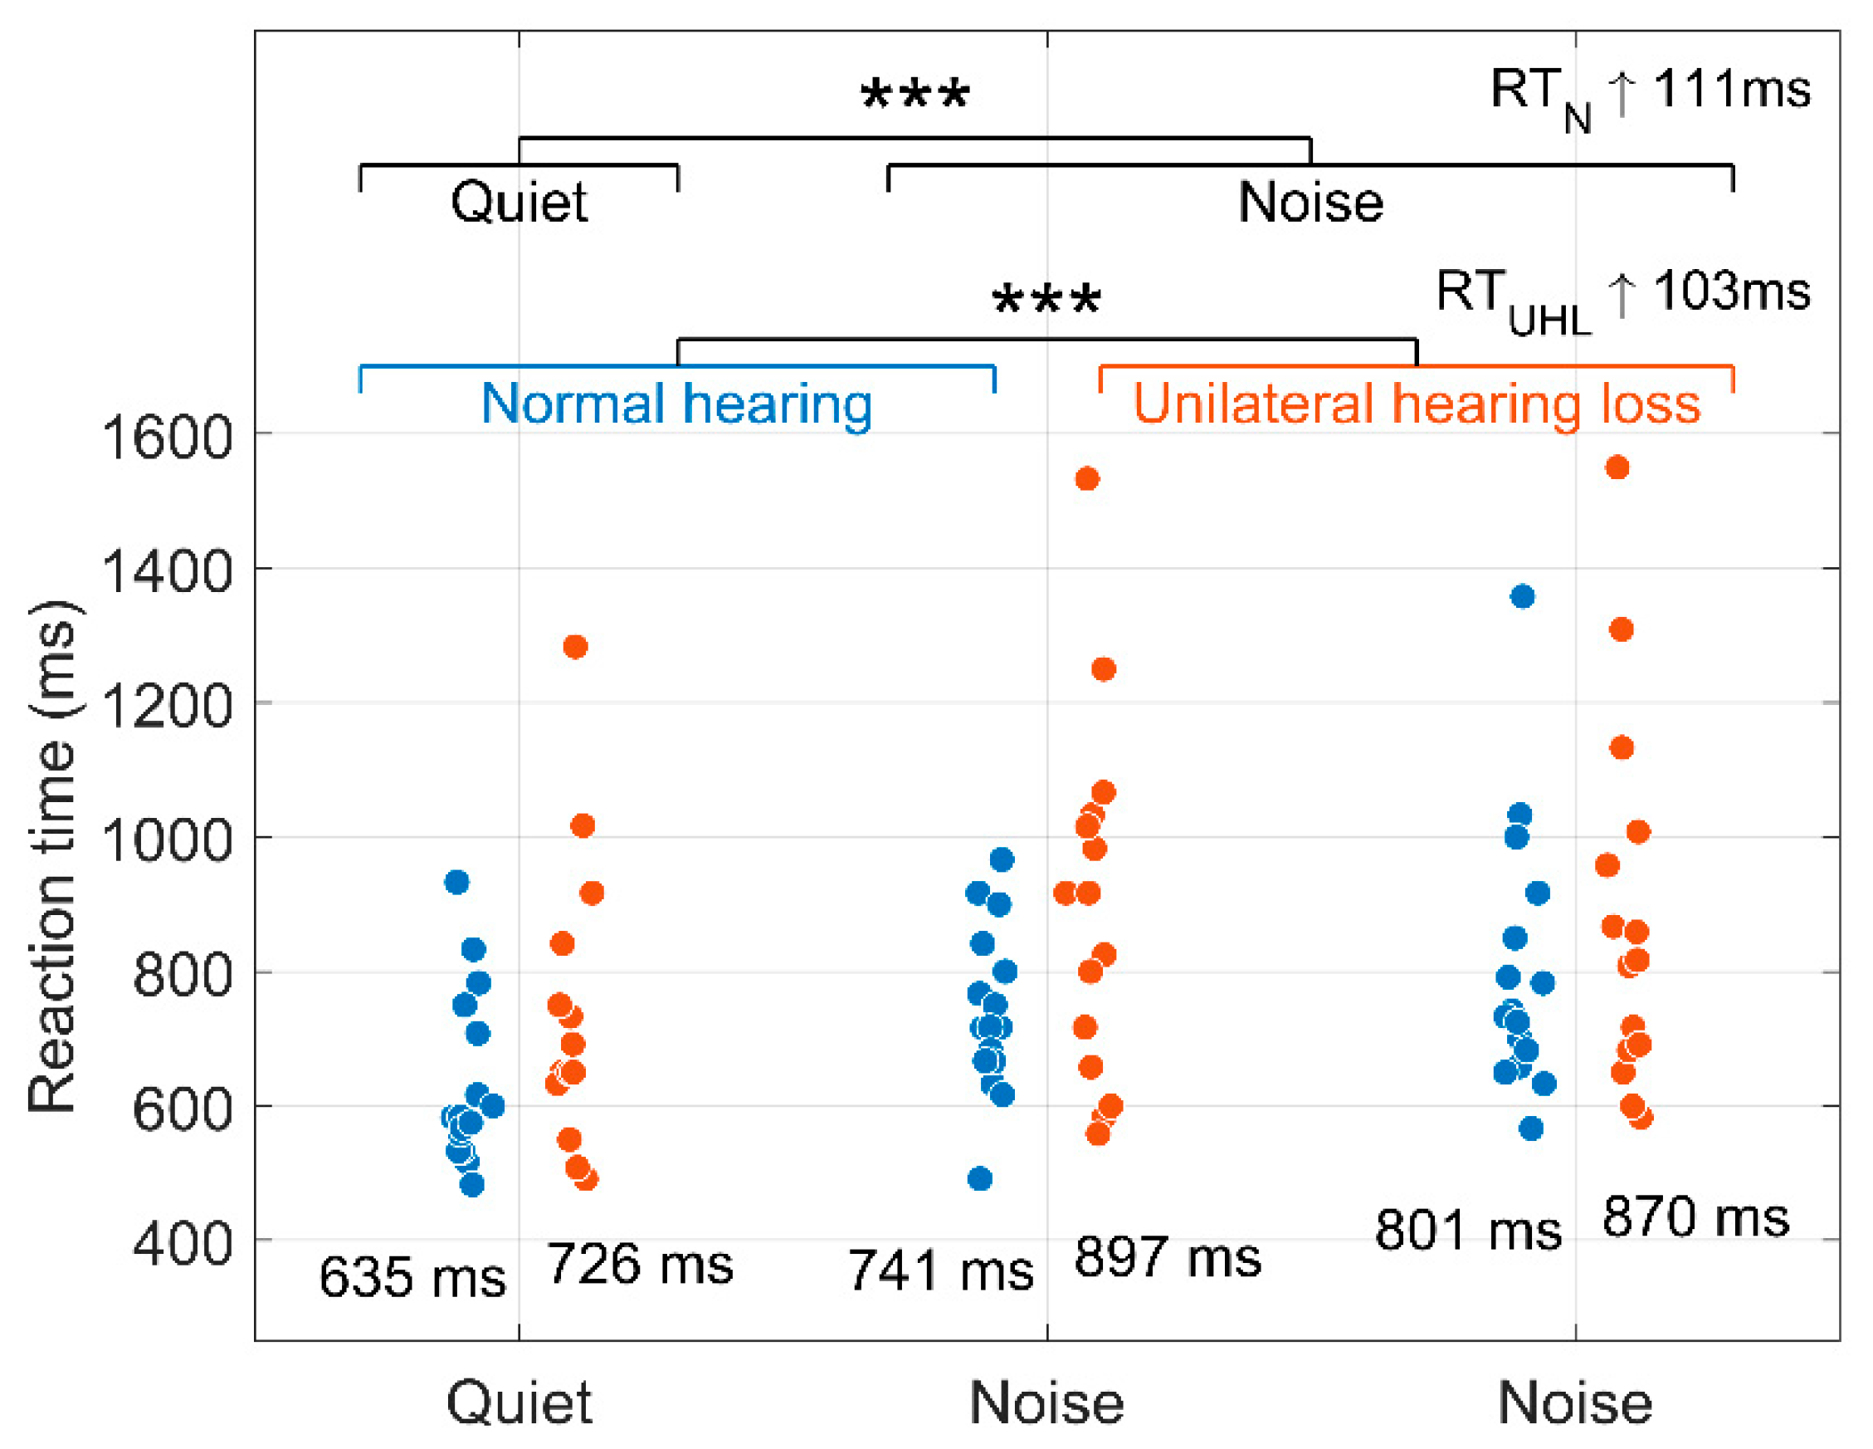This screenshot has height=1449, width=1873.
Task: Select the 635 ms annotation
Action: (x=412, y=1277)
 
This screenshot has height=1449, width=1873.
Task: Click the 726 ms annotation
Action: (x=640, y=1265)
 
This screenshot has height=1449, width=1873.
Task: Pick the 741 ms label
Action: (x=941, y=1270)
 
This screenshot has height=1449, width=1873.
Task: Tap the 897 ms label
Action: (x=1167, y=1258)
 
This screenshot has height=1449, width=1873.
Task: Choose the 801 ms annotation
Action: (x=1467, y=1231)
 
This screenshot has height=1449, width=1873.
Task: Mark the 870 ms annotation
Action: (x=1695, y=1217)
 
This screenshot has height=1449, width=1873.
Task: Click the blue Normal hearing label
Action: (x=676, y=404)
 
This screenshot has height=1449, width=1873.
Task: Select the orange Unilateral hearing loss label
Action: (x=1417, y=404)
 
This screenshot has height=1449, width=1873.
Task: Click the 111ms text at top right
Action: (x=1731, y=88)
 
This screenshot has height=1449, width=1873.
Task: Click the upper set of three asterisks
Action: (x=915, y=95)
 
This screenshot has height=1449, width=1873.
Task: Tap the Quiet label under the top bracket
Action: (x=519, y=203)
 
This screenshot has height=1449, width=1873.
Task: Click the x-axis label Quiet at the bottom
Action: (x=519, y=1403)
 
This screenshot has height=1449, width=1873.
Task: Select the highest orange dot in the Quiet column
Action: (x=575, y=647)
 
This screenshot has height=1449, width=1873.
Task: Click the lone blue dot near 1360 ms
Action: (x=1522, y=596)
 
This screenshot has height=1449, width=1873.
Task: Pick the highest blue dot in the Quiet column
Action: (x=457, y=882)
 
